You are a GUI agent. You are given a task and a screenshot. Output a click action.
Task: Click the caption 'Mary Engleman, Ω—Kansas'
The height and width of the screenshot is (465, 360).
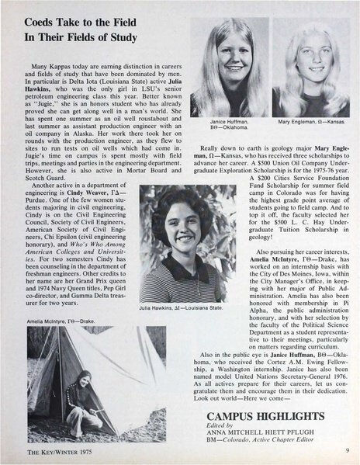[311, 122]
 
